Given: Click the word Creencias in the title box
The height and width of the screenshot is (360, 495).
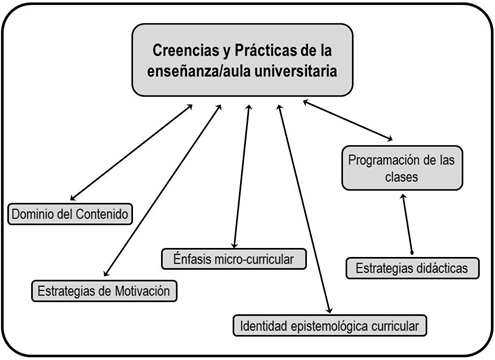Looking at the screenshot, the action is (x=185, y=50).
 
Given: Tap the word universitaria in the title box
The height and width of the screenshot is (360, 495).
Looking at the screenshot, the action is (x=296, y=71).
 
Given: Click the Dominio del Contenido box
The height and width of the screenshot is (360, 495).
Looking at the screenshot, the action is (x=70, y=214).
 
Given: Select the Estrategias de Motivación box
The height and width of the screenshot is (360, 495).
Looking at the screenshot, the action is (x=104, y=291).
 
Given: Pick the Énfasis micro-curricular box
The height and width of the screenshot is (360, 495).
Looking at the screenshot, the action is (x=234, y=259).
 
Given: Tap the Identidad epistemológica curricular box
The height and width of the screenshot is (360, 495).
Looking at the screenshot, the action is (x=330, y=326).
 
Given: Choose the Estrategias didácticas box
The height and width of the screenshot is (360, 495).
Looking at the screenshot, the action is (x=412, y=268).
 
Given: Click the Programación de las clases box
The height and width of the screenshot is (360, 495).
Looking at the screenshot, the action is (x=402, y=168).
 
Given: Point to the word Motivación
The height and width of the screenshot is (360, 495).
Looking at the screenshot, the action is (x=142, y=291).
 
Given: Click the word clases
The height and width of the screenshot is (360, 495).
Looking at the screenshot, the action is (x=401, y=177).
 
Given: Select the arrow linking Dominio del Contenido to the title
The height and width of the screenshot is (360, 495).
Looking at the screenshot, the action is (x=131, y=153).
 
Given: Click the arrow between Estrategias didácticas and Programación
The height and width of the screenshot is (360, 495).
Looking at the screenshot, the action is (x=407, y=224).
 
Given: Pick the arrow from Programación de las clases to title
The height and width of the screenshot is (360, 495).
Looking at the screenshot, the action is (x=348, y=120).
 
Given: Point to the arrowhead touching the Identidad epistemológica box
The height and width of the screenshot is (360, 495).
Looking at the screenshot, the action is (x=329, y=310).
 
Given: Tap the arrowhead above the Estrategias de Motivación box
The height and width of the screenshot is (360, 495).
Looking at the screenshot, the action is (x=106, y=273).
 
